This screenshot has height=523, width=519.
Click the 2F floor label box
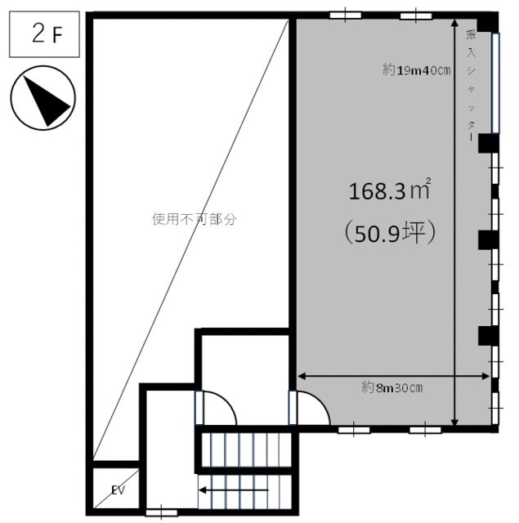click(x=44, y=34)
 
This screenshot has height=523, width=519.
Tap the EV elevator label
click(x=118, y=490)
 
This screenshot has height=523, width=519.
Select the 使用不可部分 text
click(x=195, y=219)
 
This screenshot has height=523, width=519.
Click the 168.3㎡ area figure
click(x=390, y=190)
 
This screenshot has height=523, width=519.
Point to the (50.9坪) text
click(x=390, y=232)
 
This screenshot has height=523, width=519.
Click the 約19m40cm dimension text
click(x=416, y=70)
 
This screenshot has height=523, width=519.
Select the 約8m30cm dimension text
click(x=392, y=388)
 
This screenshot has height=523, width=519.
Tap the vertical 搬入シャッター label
click(x=472, y=86)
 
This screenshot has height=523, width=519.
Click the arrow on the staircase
click(x=234, y=490)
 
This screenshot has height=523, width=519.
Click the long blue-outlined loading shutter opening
click(x=495, y=83)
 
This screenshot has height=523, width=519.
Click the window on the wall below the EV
click(x=162, y=512)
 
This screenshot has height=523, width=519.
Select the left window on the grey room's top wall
click(x=345, y=16)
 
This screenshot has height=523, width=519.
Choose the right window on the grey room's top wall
click(x=416, y=16)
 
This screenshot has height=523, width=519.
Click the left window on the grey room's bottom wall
click(x=354, y=430)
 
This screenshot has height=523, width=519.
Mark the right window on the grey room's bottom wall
click(x=425, y=430)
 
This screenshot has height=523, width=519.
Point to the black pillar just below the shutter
click(x=488, y=144)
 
